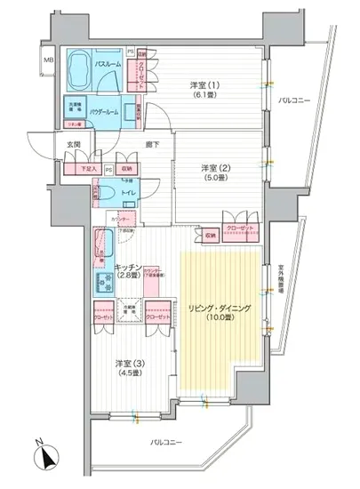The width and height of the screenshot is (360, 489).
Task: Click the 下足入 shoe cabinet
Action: click(x=91, y=168)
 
